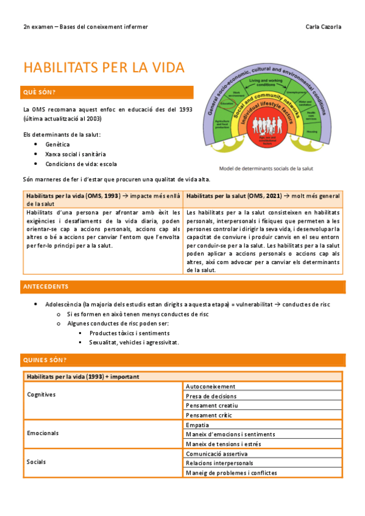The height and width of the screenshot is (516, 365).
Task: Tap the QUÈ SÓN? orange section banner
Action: pos(107,92)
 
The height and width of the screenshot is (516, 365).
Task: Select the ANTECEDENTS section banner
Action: pos(182,286)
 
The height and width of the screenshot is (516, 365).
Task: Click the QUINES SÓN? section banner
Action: pos(182,360)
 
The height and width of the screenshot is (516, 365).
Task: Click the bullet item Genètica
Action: pos(57,144)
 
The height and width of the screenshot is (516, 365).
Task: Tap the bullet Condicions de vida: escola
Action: pos(81,164)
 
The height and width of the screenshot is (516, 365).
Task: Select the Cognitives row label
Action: pos(41,394)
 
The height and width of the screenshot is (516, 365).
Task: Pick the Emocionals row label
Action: pos(43,433)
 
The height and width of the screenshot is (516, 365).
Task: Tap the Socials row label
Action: pos(36,462)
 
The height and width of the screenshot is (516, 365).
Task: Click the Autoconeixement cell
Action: pos(210,386)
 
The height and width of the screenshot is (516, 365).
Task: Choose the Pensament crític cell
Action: pos(209,414)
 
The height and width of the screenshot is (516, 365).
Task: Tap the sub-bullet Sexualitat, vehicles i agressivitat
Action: pos(133,342)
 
